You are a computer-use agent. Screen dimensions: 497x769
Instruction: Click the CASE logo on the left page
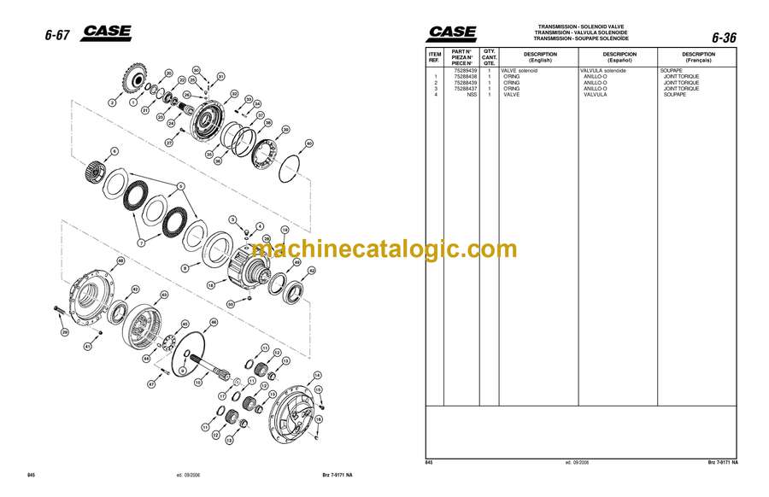107,33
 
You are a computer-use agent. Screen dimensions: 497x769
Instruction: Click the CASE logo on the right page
453,33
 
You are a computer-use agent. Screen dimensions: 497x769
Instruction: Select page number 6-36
723,37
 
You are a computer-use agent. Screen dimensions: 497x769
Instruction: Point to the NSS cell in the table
471,94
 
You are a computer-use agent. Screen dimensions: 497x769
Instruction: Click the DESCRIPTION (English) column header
540,57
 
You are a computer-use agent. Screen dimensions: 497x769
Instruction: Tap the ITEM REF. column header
435,57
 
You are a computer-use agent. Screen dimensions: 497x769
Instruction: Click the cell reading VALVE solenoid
520,71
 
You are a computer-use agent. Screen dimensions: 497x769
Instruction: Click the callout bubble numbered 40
308,143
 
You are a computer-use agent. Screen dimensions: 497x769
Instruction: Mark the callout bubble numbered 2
111,102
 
